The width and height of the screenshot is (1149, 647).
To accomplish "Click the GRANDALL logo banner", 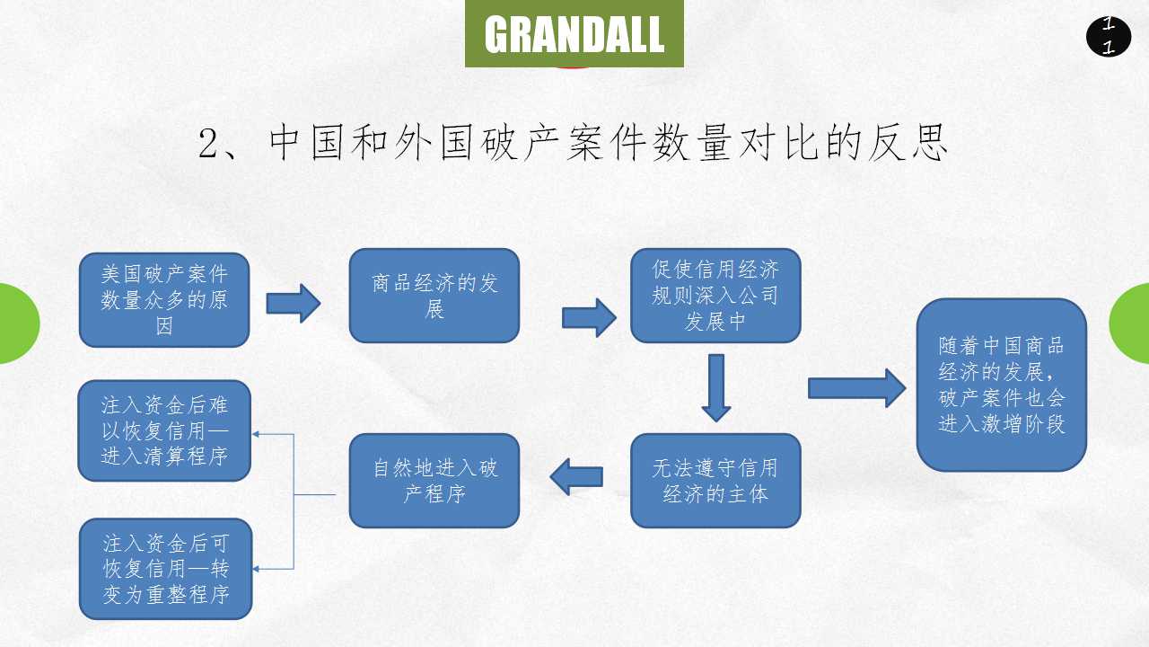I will [574, 33].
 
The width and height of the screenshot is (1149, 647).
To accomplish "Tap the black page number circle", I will [1109, 37].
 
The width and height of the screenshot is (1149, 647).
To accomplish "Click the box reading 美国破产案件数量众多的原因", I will [164, 300].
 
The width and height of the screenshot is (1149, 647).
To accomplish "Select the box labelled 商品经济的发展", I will [434, 296].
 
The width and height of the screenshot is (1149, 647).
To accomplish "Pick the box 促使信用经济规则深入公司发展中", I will [715, 296].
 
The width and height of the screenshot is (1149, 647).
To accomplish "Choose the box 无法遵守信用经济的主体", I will [715, 481].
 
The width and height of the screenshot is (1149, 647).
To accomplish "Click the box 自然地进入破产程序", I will [434, 481].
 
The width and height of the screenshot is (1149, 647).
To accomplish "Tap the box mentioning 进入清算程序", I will [164, 430].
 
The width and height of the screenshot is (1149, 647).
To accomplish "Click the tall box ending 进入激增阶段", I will [1002, 385].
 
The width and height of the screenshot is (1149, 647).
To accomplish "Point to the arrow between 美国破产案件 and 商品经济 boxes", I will [294, 303].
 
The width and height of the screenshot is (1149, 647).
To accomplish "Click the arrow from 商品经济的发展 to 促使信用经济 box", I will [589, 317].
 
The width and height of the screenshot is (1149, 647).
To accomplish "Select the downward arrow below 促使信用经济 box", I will [715, 387].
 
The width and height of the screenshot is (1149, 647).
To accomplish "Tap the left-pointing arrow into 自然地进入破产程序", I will [576, 476].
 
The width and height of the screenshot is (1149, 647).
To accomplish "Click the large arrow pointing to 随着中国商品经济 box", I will [857, 388].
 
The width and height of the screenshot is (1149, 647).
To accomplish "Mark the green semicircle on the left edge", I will [18, 323].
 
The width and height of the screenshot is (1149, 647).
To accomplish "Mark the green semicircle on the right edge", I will [1131, 323].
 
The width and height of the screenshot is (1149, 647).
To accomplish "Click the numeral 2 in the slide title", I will [209, 144].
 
